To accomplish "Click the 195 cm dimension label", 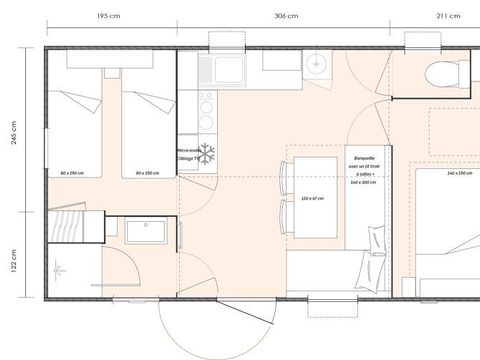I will pos(110,17).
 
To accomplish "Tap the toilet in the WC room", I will pos(438,72).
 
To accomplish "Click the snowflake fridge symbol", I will pos(208,154).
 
